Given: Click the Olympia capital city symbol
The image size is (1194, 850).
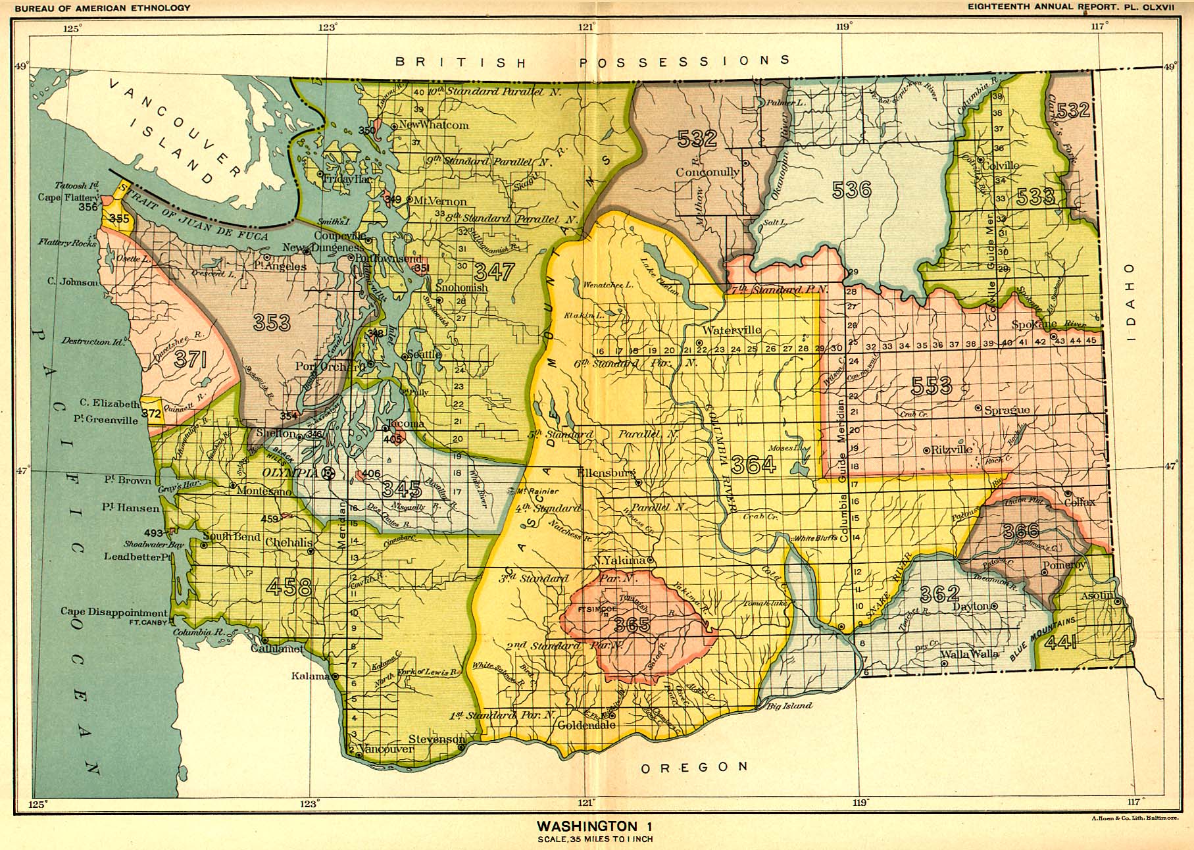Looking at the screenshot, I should pyautogui.click(x=330, y=473).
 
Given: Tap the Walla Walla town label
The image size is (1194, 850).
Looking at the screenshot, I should pyautogui.click(x=970, y=654).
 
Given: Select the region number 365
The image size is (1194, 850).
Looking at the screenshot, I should pyautogui.click(x=632, y=624).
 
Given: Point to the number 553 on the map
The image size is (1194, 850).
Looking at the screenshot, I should pyautogui.click(x=932, y=386).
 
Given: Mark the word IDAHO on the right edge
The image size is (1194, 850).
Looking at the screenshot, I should pyautogui.click(x=1130, y=301).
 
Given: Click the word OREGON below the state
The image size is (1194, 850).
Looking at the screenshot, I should pyautogui.click(x=695, y=767).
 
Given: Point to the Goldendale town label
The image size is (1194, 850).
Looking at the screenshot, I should pyautogui.click(x=586, y=726).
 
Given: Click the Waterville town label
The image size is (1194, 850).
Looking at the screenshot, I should pyautogui.click(x=732, y=330).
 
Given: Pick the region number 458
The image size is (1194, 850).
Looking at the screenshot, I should pyautogui.click(x=289, y=586).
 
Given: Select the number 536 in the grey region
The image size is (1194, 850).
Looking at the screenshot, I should pyautogui.click(x=851, y=190).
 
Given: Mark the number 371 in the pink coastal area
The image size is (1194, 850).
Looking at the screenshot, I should pyautogui.click(x=191, y=360).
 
